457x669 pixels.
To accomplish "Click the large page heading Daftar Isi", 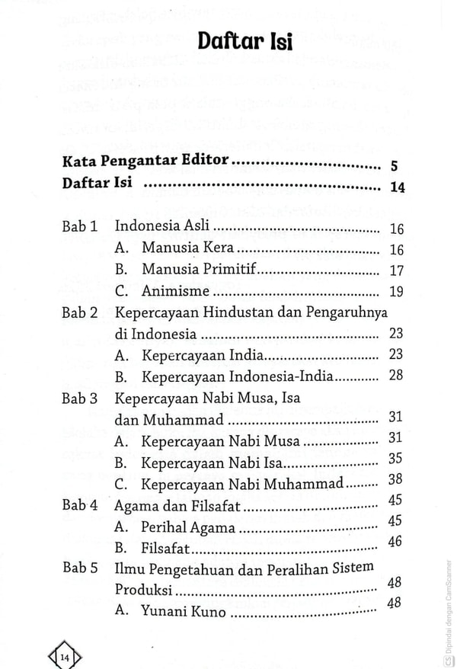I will click(244, 42).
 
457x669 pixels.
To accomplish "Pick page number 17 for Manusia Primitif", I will click(395, 270).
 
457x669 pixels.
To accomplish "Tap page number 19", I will click(395, 291).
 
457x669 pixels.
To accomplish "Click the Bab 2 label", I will click(81, 312).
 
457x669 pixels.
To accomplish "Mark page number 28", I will click(395, 376).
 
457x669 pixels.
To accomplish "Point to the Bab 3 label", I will click(81, 397).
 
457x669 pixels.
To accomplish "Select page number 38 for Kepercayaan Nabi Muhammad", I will click(395, 479).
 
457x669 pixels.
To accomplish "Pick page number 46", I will click(395, 542).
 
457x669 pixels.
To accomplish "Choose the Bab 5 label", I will click(81, 568).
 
